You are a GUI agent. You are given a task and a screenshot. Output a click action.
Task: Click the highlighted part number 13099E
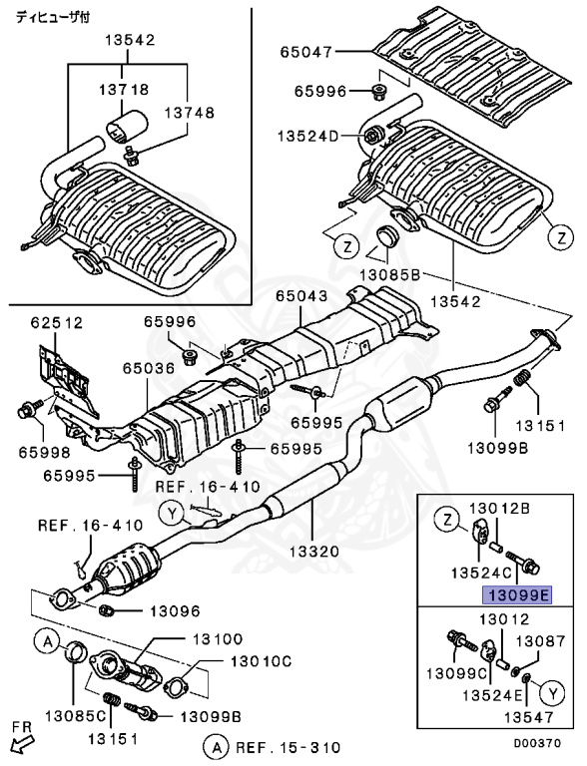(516, 595)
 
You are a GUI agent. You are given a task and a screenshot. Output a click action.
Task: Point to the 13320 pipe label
(314, 551)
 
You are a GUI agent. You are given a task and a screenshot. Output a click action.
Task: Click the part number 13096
(176, 611)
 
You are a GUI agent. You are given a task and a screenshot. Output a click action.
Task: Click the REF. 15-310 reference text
(287, 746)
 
